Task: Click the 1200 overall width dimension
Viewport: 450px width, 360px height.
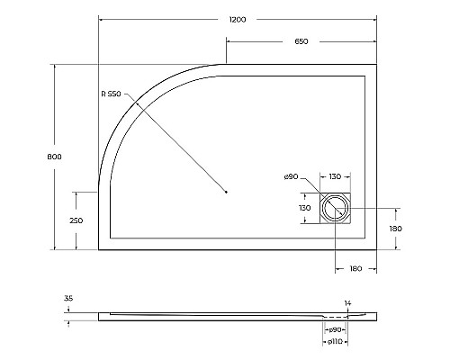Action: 238,19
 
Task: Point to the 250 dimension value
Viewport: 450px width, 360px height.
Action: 76,220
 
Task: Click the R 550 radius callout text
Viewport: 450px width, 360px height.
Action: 111,94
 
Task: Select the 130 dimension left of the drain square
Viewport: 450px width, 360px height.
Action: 305,208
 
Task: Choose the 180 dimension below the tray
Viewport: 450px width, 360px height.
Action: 355,267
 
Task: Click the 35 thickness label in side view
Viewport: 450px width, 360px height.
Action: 68,299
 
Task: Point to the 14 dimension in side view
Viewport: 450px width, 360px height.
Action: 347,303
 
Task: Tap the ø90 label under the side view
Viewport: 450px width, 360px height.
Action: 335,331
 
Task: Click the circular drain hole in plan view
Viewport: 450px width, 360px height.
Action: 336,208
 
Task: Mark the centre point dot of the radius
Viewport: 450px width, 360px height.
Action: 226,192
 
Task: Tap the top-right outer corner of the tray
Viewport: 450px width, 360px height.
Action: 376,65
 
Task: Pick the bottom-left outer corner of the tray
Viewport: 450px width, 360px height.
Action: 98,250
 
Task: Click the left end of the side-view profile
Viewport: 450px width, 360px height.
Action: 99,317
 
